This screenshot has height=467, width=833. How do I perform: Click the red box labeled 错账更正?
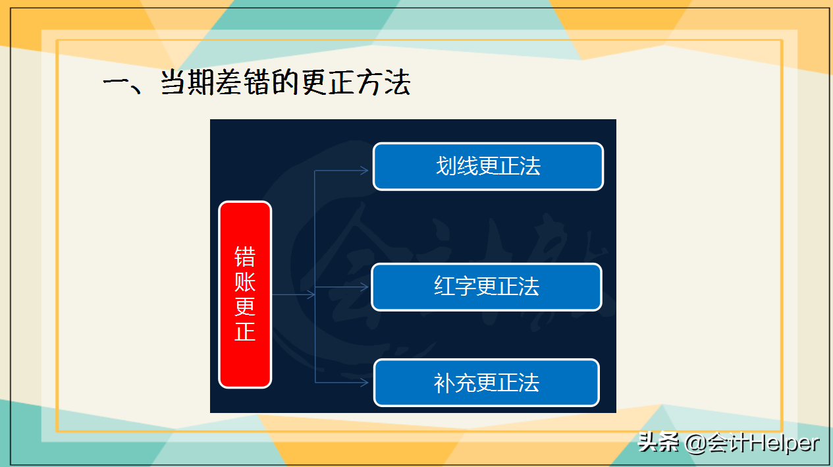pos(245,294)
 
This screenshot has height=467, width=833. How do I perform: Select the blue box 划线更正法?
pos(488,167)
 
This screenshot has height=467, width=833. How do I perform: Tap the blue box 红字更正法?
pos(487,287)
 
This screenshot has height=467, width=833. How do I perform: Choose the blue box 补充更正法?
pos(487,383)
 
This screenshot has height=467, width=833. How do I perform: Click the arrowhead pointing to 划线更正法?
pos(364,171)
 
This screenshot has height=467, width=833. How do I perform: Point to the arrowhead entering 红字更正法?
pos(364,287)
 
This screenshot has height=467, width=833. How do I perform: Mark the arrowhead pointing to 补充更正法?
pos(364,382)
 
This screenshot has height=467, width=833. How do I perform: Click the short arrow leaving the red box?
pos(293,295)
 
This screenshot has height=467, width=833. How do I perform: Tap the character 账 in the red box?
pos(245,282)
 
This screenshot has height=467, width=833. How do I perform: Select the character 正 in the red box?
pos(245,331)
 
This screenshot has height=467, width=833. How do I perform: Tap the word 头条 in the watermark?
pos(659,443)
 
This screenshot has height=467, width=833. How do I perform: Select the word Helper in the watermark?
pos(783,443)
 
